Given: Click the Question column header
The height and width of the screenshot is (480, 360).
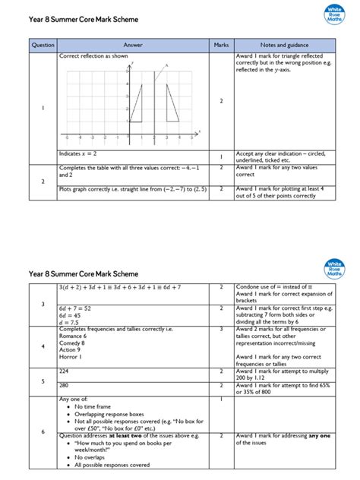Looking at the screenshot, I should pos(43,45).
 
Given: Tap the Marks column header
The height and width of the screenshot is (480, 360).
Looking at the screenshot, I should pos(221,45).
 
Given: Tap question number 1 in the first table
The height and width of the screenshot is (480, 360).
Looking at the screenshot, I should pos(43,108).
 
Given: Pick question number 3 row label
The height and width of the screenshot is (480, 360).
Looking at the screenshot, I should pos(43,304).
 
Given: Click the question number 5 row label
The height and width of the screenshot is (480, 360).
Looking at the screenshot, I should pos(43,381).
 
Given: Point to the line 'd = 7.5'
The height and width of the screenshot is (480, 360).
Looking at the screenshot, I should pos(70,322).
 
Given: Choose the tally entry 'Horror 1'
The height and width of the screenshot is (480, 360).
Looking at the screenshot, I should pos(72,357).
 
